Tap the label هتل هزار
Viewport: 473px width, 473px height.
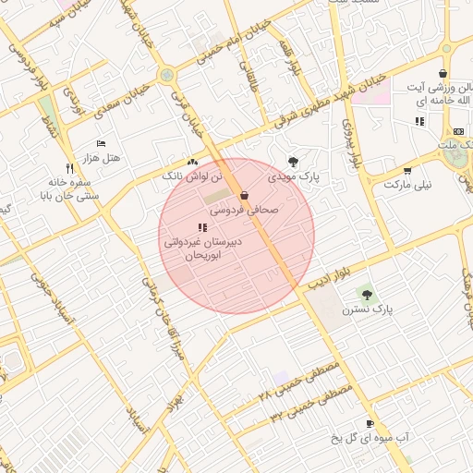102,158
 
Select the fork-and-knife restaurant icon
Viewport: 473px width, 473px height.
43,169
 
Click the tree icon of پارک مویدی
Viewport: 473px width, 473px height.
293,161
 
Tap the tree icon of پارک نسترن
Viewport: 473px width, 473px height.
368,295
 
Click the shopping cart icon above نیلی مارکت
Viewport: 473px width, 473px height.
407,170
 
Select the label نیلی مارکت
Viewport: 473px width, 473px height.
407,185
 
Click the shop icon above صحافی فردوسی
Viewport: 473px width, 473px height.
244,195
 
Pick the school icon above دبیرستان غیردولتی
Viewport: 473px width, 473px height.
202,227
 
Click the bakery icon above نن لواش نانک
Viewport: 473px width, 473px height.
192,161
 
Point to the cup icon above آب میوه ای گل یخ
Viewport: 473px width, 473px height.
370,423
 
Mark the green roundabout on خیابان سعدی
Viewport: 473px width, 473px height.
166,75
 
